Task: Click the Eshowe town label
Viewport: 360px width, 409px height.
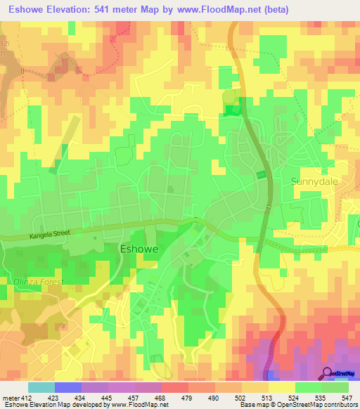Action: [x=139, y=249]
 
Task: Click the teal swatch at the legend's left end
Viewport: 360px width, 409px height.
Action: [x=41, y=387]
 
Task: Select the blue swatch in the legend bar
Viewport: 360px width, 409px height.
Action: [x=67, y=387]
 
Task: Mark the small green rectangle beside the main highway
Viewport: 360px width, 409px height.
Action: [x=262, y=174]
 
